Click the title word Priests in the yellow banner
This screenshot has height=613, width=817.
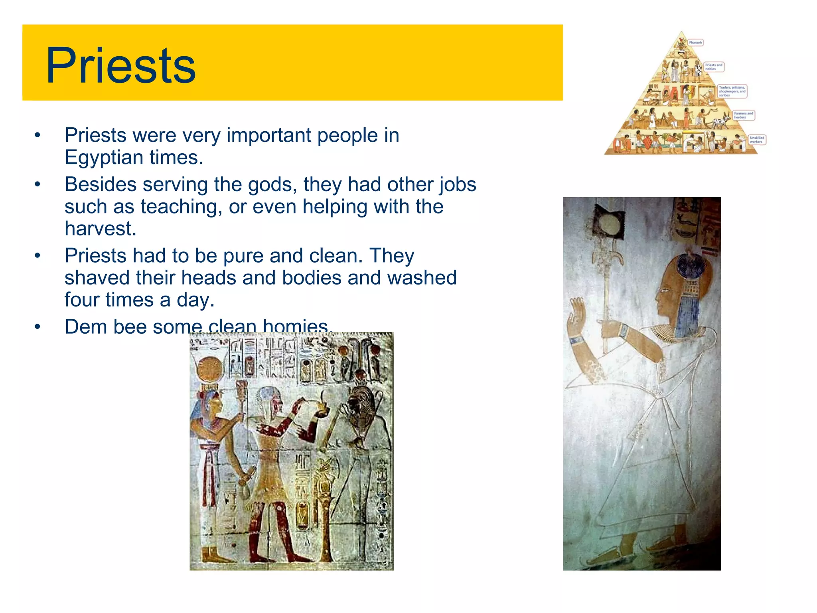120,66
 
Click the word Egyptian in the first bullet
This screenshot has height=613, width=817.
102,157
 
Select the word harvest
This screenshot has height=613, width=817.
101,229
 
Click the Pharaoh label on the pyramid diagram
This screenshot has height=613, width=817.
695,43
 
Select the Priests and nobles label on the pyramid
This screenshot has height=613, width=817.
713,67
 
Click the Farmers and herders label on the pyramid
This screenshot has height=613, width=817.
743,115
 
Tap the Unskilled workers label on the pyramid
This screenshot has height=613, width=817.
756,140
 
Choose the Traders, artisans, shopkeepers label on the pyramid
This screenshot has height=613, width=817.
732,91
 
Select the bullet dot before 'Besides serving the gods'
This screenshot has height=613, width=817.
37,184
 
